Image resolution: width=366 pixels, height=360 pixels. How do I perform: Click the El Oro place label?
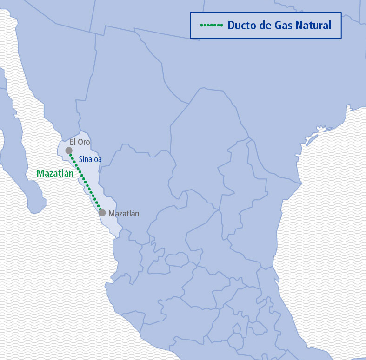tap(80, 142)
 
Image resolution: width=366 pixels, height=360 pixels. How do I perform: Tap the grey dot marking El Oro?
tap(69, 151)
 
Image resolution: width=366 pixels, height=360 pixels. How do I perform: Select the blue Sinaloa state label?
tap(90, 159)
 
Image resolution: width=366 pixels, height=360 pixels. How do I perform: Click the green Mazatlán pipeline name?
tap(55, 174)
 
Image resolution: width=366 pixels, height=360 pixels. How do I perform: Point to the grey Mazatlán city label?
tap(124, 214)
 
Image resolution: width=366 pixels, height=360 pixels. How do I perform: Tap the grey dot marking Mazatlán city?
tap(102, 213)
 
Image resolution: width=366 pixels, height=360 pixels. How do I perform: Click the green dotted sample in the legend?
tap(211, 25)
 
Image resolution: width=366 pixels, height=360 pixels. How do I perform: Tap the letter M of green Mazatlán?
tap(40, 174)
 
